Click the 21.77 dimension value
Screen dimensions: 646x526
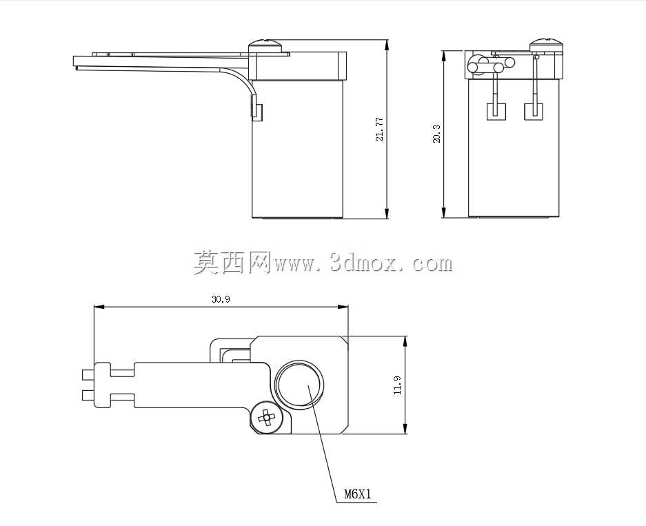(x=379, y=130)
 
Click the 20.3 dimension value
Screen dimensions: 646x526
(x=436, y=134)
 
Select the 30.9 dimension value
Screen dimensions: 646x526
(x=221, y=299)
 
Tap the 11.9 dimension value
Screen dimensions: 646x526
(x=398, y=385)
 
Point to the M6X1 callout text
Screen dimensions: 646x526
(x=358, y=494)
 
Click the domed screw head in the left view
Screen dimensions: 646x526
(x=265, y=45)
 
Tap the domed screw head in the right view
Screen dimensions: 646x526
(x=545, y=45)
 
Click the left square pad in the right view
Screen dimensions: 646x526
(x=496, y=112)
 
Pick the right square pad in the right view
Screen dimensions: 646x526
(x=533, y=112)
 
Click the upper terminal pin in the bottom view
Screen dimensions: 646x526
(x=88, y=374)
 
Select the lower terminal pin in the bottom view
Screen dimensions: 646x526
(x=88, y=396)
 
